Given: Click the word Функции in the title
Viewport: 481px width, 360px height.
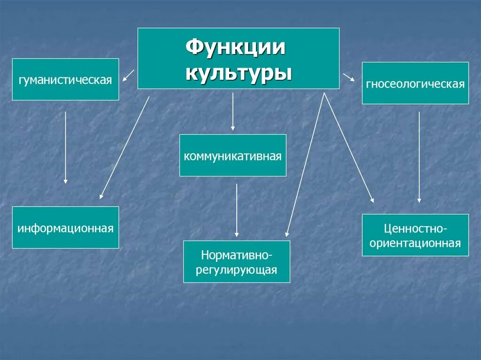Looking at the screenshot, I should coord(236,48).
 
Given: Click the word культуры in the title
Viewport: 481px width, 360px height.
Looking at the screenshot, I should coord(238,73).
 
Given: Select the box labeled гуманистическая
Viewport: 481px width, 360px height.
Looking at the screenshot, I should coord(65,79).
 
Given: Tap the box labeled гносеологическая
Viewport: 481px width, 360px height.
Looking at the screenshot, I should coord(415,84).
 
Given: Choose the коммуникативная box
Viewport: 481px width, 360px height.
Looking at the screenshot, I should coord(233,155).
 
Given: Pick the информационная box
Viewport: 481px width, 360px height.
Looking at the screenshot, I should coord(65,228).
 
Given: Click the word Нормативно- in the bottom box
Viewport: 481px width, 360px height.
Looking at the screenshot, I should coord(237,255).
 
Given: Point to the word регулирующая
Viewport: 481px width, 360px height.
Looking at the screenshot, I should coord(237,270).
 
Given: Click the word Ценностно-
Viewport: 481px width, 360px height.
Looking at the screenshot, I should coord(415,229).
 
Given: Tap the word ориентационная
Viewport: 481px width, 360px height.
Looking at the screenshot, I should coord(415,243).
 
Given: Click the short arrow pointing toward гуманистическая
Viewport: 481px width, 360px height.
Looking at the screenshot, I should coord(128,76).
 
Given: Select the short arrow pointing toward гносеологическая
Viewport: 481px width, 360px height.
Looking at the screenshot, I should coord(349,77).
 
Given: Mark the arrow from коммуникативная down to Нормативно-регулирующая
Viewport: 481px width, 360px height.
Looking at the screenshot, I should coord(236,210).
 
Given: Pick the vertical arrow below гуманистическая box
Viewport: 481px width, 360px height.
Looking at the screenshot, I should coord(65,147).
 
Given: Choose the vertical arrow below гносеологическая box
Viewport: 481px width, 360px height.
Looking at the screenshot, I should coord(419,157).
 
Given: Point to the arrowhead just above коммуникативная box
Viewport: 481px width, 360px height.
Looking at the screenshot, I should coord(233,128).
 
